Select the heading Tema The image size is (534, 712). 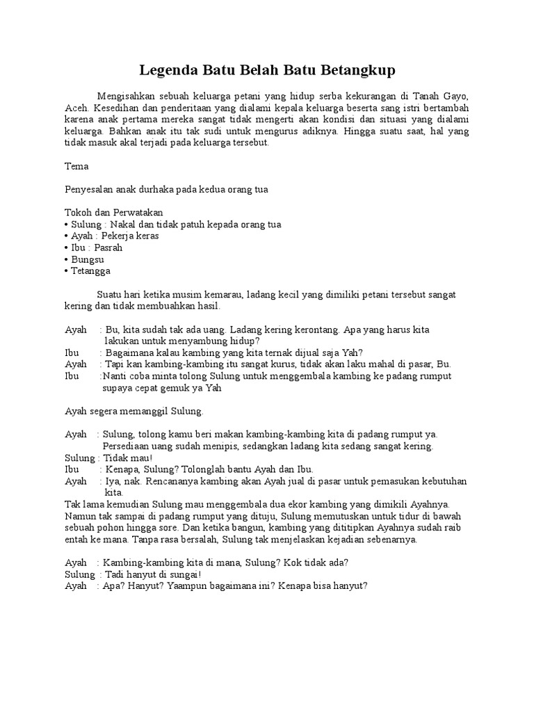pyautogui.click(x=76, y=167)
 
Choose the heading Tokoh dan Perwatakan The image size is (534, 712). pyautogui.click(x=114, y=212)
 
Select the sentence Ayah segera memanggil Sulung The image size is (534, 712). pyautogui.click(x=133, y=412)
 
